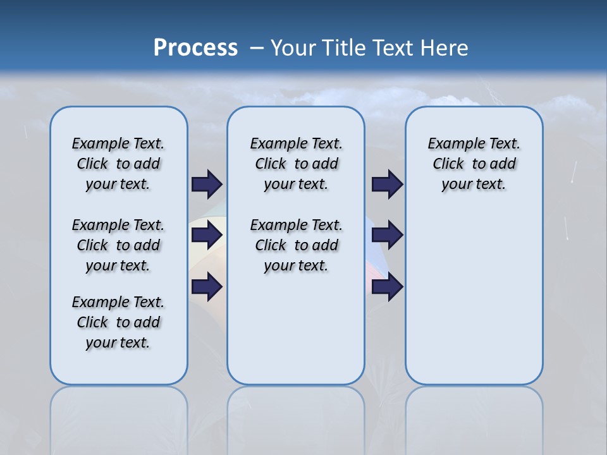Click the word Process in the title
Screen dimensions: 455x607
click(x=195, y=48)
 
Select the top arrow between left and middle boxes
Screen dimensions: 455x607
click(x=207, y=184)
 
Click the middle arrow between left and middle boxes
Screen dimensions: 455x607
click(x=207, y=235)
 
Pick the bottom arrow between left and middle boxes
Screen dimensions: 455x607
click(x=207, y=286)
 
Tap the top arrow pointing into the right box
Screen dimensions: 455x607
click(x=387, y=184)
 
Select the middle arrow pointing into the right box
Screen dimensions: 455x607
click(x=387, y=235)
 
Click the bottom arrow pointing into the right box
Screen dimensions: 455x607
click(x=387, y=286)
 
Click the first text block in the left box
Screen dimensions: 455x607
click(x=118, y=164)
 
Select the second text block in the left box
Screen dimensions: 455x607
click(x=118, y=245)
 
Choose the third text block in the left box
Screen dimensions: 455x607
click(x=118, y=322)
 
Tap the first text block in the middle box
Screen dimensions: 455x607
click(x=296, y=164)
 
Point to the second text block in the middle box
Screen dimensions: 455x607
click(x=296, y=245)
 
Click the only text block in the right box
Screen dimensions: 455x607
click(x=474, y=164)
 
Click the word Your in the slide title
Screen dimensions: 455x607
click(x=293, y=48)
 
